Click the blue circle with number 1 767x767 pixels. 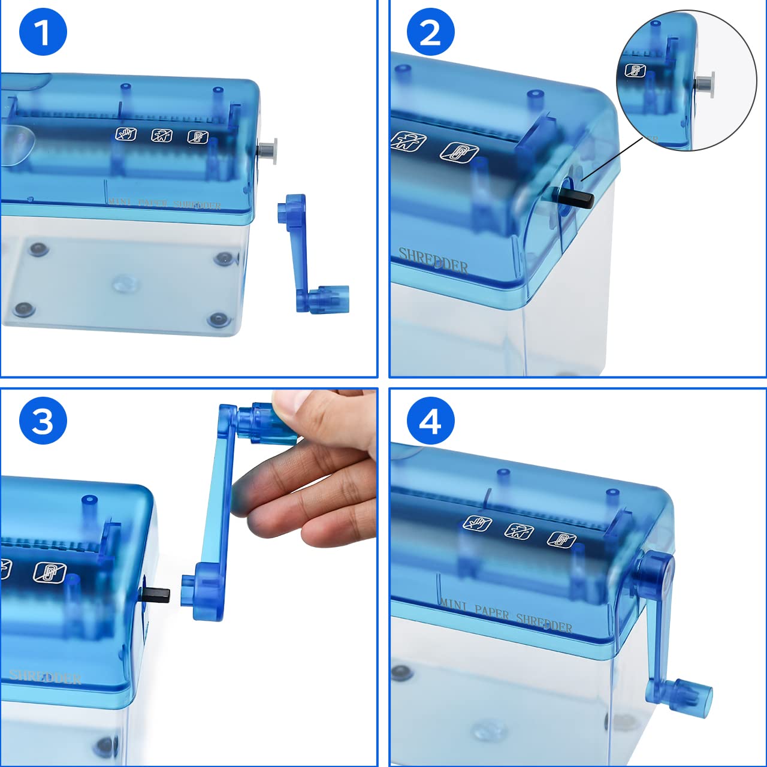[43, 32]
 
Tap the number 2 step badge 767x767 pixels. [430, 32]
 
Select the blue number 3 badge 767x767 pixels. [43, 421]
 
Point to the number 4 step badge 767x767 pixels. [430, 421]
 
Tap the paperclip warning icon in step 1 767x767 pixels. [197, 137]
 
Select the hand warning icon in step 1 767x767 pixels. [126, 134]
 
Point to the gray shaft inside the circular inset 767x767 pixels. [705, 83]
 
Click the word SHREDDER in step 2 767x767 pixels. [433, 261]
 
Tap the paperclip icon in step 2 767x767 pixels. [459, 153]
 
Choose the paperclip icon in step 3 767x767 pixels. [49, 572]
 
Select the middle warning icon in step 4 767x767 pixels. [519, 530]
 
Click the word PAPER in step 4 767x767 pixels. [491, 612]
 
